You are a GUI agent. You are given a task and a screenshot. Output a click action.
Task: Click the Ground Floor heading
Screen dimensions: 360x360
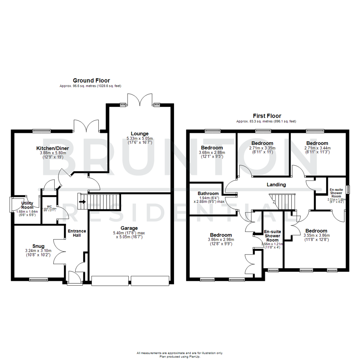coord(91,80)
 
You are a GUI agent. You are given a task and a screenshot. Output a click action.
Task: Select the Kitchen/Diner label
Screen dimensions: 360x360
coord(53,148)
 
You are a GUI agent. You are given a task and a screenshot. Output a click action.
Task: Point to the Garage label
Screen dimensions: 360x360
coord(129,228)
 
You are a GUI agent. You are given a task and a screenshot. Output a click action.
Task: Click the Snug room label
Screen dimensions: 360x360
coord(39,246)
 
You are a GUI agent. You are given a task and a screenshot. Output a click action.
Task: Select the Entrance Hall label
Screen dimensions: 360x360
coord(77,233)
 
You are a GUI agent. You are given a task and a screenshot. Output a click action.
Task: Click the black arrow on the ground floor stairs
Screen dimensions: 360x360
coord(82,201)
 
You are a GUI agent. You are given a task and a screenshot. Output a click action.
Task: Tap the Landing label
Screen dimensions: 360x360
coord(276,184)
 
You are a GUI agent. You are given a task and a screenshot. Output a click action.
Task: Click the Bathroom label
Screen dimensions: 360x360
coord(208,193)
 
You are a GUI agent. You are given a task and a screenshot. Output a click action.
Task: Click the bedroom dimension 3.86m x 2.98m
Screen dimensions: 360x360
coord(221,239)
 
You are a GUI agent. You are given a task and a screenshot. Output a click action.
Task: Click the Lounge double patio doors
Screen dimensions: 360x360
coord(140,99)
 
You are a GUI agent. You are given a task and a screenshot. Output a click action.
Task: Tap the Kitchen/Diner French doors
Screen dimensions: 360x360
coord(86,125)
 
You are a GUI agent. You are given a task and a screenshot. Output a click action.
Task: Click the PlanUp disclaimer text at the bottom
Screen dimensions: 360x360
coord(180,354)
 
